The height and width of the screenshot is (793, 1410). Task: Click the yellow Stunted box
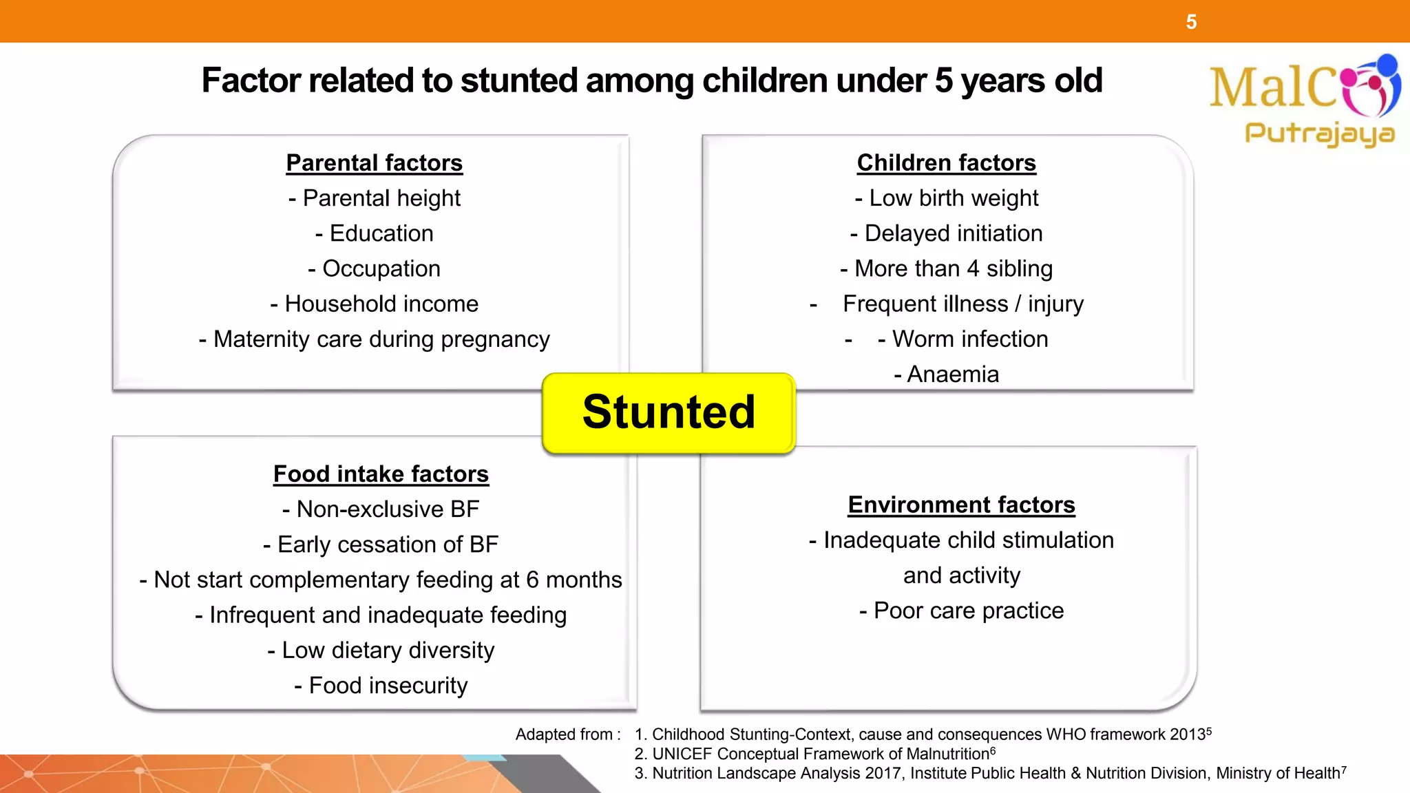(669, 413)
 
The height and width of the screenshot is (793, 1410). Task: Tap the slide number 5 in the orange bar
(1191, 22)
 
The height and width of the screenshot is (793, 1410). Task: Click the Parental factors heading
(374, 163)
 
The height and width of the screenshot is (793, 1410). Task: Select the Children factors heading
(946, 163)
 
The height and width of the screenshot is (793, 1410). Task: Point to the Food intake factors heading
(381, 474)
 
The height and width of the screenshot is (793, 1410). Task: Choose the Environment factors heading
(961, 505)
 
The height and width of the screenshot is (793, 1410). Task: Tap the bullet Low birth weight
(946, 198)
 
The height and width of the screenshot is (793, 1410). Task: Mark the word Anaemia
(952, 374)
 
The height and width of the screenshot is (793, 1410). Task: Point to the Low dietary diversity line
(381, 651)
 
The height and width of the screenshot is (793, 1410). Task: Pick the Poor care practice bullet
(961, 611)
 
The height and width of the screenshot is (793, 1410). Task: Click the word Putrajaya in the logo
(1319, 134)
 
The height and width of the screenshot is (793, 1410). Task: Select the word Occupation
(381, 269)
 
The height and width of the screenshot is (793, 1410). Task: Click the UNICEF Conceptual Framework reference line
(814, 754)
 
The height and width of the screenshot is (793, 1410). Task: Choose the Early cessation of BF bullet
(381, 544)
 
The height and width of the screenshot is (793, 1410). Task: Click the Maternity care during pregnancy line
(374, 339)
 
